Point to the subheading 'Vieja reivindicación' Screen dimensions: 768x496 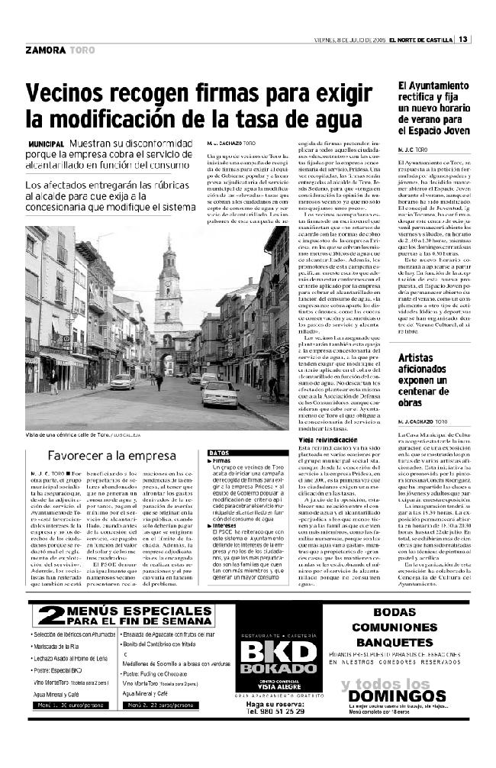point(326,440)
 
